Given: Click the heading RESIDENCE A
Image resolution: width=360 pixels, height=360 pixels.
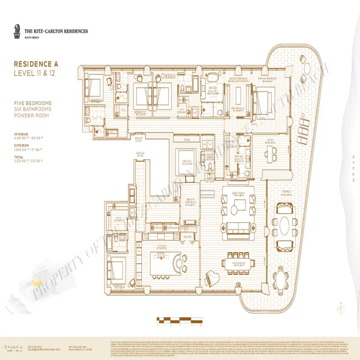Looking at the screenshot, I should point(36,64).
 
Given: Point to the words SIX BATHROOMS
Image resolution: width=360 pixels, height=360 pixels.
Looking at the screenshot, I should point(33,109).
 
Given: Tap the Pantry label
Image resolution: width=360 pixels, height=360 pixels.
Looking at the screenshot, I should point(188,237).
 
